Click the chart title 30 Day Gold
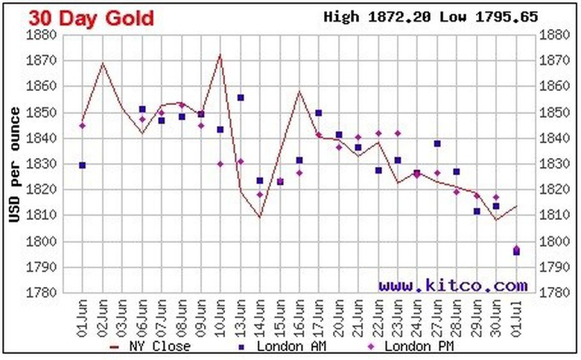pos(91,17)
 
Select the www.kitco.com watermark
pos(452,285)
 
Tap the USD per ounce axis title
pos(14,164)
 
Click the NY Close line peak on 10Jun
pos(220,54)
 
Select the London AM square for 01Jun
pos(82,165)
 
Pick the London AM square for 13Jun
pos(241,98)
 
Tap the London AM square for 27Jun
pos(437,144)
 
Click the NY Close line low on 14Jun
pos(260,217)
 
